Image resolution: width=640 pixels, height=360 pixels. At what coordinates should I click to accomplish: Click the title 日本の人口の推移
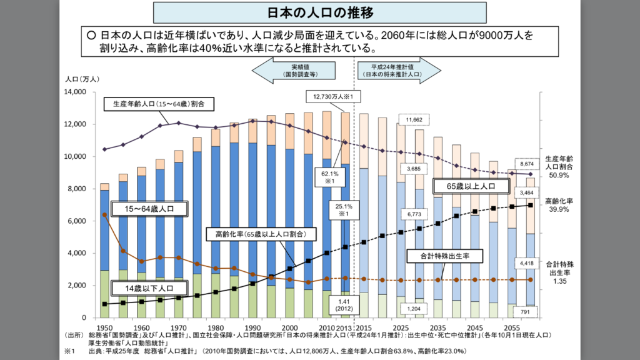coord(319,12)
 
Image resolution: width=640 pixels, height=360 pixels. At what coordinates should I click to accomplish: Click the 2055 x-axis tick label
coord(512,327)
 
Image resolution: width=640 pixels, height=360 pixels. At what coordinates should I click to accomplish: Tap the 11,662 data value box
coord(414,119)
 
